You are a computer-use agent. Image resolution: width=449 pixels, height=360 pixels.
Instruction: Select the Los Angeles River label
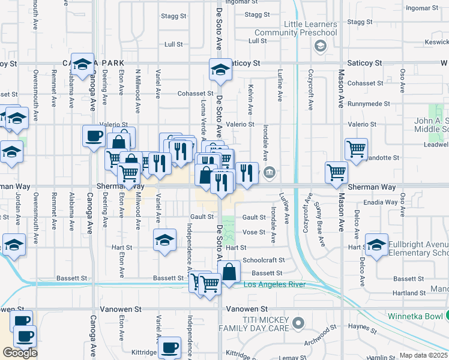[274, 284]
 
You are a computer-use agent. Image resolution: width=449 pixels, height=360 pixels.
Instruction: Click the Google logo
[19, 352]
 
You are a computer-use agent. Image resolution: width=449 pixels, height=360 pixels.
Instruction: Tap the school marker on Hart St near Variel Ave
[164, 240]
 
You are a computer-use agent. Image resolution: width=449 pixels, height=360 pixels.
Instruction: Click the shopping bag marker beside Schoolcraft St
[229, 272]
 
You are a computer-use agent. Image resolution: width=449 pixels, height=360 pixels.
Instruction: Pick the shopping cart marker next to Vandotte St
[356, 148]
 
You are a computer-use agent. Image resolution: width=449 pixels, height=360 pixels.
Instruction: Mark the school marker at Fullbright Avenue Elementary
[377, 245]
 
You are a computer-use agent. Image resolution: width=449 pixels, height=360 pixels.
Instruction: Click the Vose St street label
[253, 232]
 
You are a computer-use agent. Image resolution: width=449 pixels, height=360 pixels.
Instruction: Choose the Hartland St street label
[410, 293]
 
